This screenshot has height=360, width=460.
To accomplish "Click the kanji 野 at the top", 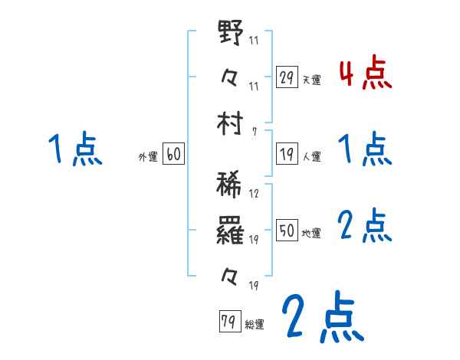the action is pyautogui.click(x=231, y=34).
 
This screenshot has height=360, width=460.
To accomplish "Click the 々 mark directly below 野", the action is pyautogui.click(x=231, y=77).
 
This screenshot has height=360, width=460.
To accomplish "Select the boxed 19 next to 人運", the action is pyautogui.click(x=287, y=153).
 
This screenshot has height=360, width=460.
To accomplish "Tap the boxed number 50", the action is pyautogui.click(x=287, y=230).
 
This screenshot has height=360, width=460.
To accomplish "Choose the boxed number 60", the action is pyautogui.click(x=172, y=154).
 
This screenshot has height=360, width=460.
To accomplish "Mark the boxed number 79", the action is pyautogui.click(x=228, y=322).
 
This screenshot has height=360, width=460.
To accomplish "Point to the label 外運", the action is pyautogui.click(x=148, y=156).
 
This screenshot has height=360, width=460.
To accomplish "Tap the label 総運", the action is pyautogui.click(x=255, y=324).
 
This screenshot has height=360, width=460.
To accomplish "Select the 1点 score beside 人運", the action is pyautogui.click(x=365, y=149).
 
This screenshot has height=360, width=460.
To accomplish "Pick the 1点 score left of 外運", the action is pyautogui.click(x=74, y=149).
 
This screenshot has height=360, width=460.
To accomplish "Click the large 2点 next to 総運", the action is pyautogui.click(x=322, y=318).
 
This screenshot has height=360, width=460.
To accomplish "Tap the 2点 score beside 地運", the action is pyautogui.click(x=365, y=225).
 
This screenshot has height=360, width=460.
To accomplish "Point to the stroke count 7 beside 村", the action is pyautogui.click(x=255, y=132).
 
